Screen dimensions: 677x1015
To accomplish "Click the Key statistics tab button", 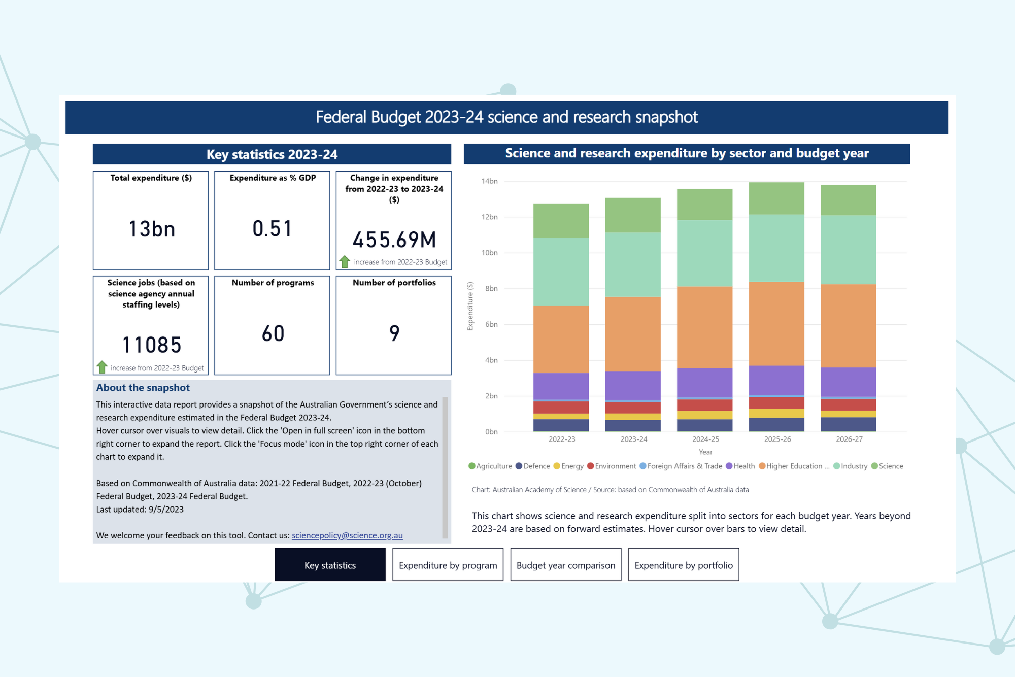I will (x=330, y=565).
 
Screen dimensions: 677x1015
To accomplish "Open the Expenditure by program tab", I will (x=448, y=565).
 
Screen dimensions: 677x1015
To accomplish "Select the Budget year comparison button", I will (x=565, y=565).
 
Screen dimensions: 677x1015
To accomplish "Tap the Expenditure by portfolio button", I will (x=683, y=565).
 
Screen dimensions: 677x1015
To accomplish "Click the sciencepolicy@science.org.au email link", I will (x=347, y=535).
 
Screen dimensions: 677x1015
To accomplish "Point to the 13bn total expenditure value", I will (x=151, y=229).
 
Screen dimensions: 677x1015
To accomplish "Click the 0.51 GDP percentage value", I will (x=273, y=229).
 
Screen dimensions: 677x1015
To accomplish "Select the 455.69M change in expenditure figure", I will (x=394, y=240).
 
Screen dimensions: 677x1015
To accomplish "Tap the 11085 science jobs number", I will (x=151, y=345).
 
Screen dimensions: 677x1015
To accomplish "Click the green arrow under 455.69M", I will (x=345, y=262).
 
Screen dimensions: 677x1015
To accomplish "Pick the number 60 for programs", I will (x=273, y=333).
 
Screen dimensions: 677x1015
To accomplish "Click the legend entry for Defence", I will (x=533, y=466).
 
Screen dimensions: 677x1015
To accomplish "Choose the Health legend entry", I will (x=740, y=466).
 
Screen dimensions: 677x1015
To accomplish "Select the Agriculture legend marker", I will (x=472, y=466).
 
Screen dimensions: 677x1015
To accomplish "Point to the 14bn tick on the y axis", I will (x=489, y=181).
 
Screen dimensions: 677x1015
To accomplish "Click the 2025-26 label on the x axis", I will (x=777, y=439).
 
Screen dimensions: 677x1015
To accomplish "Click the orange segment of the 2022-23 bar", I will (x=561, y=339).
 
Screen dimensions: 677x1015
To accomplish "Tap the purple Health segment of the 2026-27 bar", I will (x=848, y=382).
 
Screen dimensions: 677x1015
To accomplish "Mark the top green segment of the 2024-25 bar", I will (x=704, y=204).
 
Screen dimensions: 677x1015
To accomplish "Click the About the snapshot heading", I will (x=143, y=388).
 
